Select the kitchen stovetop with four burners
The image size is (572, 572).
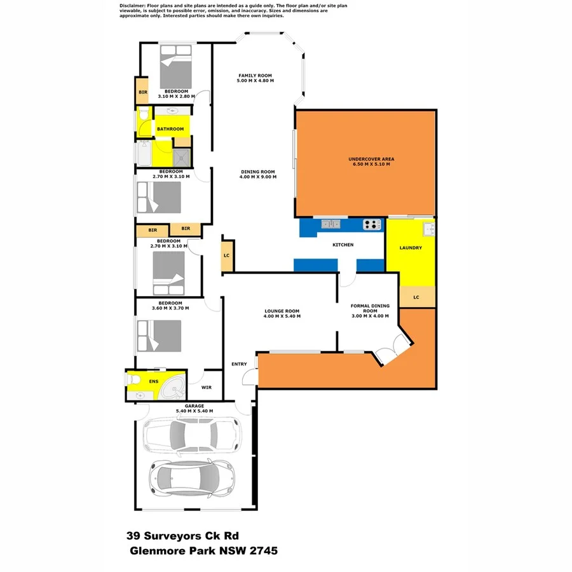(371, 224)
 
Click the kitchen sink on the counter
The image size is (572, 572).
(330, 224)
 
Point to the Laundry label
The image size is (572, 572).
(411, 248)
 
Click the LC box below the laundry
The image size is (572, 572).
(416, 297)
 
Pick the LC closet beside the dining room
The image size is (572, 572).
(227, 255)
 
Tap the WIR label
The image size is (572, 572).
(206, 386)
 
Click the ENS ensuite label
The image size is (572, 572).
(153, 381)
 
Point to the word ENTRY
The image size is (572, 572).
(239, 364)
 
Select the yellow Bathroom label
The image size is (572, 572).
(170, 129)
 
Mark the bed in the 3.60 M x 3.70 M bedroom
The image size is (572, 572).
(159, 336)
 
